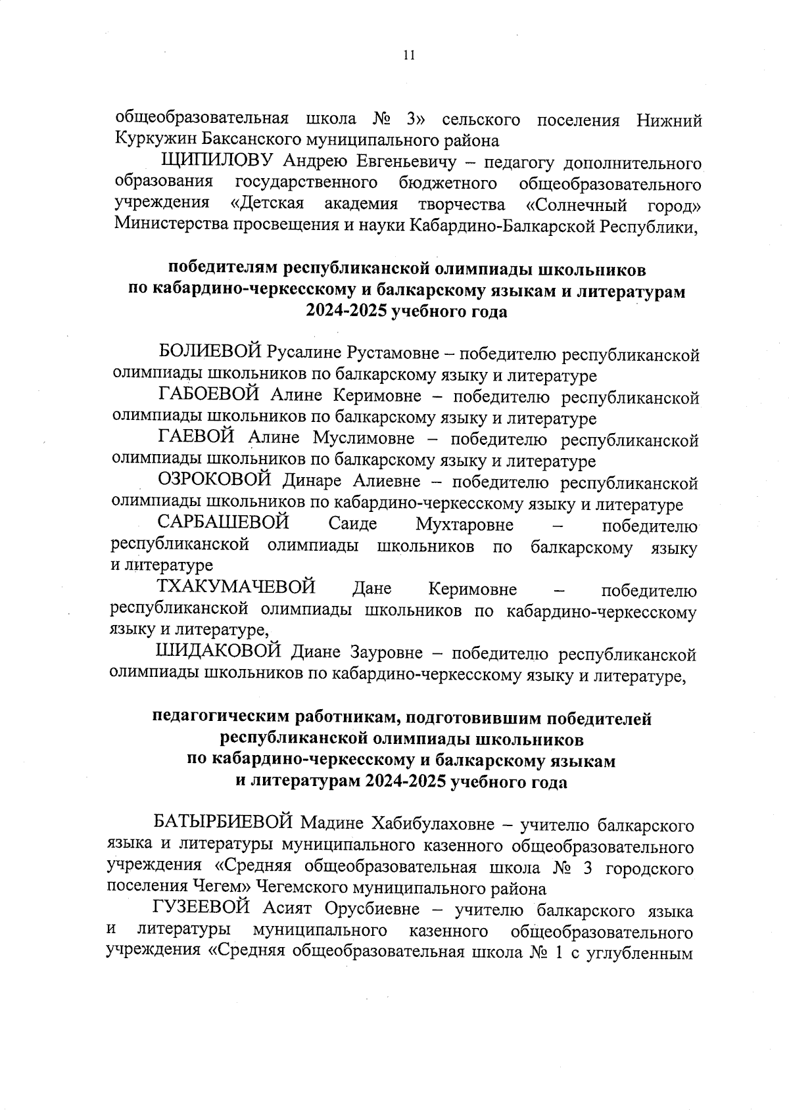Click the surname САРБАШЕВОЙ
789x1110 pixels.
click(224, 524)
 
